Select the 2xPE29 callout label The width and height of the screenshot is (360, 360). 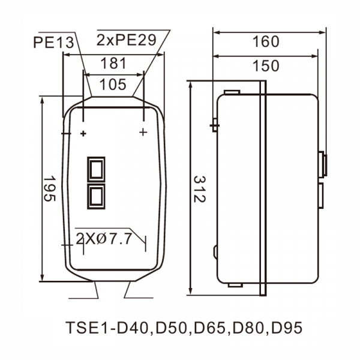pos(126,40)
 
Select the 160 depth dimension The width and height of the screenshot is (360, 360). pos(266,41)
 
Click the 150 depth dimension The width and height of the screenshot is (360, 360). pos(266,65)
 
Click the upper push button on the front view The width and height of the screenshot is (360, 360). pos(96,170)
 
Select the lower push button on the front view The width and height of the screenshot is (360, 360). pos(96,196)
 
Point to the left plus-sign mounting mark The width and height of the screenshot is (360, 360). pos(83,133)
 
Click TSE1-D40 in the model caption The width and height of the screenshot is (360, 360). pos(108,328)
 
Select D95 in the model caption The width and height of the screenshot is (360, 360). pos(286,328)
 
